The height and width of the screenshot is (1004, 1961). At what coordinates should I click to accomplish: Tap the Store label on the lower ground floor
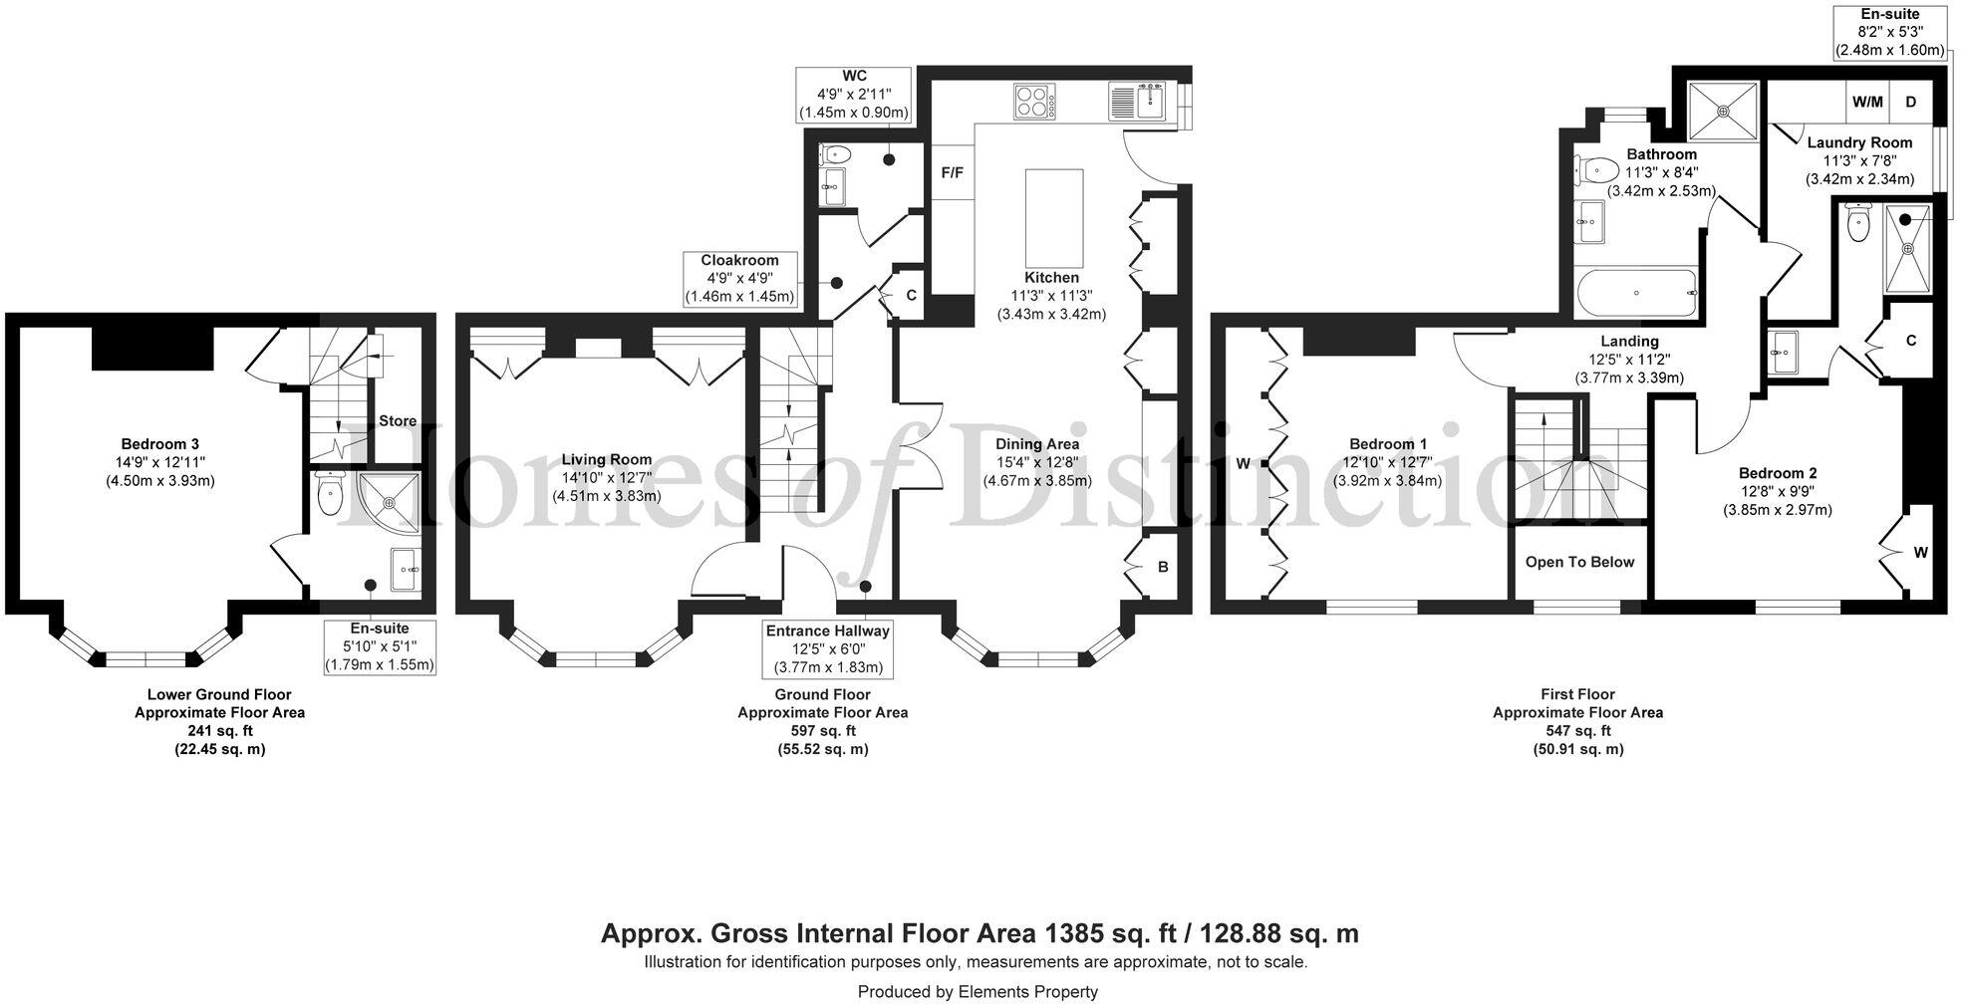tap(398, 421)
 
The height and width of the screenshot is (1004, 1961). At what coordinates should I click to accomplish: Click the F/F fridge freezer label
tap(953, 173)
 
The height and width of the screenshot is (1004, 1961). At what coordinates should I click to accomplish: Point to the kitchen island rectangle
tap(1054, 213)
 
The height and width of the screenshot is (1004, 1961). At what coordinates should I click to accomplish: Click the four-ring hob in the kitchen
tap(1036, 102)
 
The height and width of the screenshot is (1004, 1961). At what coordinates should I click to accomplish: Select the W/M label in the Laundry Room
tap(1867, 102)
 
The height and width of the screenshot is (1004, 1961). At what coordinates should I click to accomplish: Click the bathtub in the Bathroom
tap(1636, 293)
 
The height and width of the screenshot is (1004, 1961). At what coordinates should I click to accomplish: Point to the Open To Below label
tap(1579, 562)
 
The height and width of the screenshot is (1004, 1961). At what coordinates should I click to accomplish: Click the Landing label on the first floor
tap(1629, 342)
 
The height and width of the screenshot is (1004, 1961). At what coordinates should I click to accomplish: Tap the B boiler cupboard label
tap(1163, 568)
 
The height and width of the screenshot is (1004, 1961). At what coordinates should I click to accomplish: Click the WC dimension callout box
tap(854, 95)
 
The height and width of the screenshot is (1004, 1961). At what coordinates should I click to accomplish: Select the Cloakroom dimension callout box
tap(740, 279)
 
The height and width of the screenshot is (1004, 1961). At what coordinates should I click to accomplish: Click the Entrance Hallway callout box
tap(827, 648)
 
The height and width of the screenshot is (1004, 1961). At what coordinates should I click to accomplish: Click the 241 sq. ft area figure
tap(219, 731)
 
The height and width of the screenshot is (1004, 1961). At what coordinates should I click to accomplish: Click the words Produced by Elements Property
tap(978, 992)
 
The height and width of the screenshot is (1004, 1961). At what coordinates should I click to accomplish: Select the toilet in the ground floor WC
tap(834, 155)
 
